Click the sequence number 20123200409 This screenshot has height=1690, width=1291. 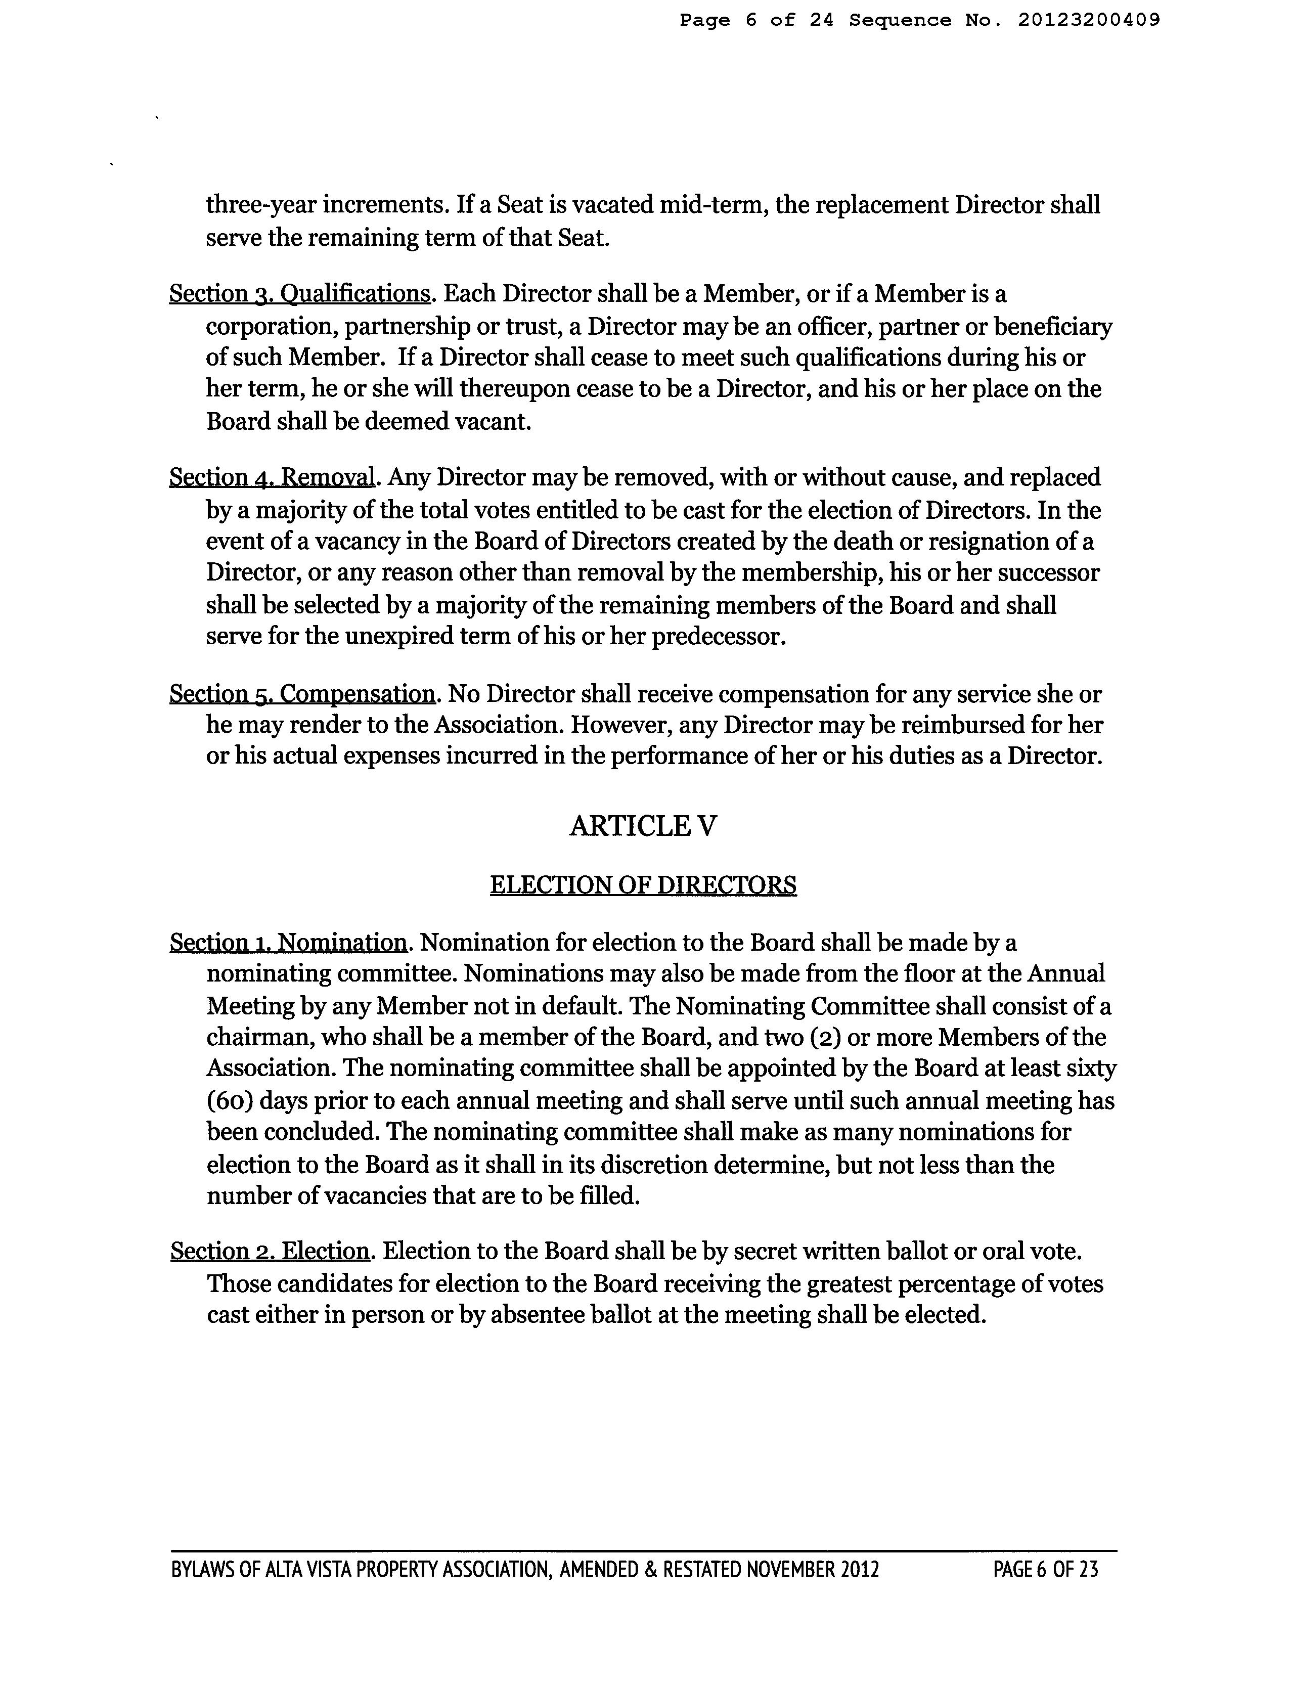click(1088, 21)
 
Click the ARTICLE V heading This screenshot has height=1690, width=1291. click(643, 827)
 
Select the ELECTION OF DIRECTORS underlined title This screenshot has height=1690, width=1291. click(643, 885)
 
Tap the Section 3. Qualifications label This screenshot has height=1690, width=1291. click(299, 294)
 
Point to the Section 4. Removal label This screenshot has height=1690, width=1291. click(272, 478)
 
